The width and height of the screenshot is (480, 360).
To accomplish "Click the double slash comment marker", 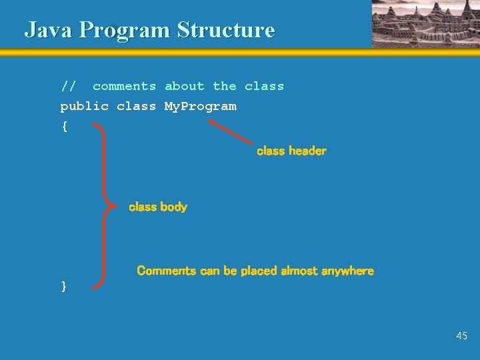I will click(68, 87).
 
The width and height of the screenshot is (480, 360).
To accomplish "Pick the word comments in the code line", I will click(124, 87).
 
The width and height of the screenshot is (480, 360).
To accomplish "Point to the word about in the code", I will click(184, 87).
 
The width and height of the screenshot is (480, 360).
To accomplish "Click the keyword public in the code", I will click(84, 107).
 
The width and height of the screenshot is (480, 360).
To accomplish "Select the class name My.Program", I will click(200, 107).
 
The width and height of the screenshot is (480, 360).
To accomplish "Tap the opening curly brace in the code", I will click(64, 127).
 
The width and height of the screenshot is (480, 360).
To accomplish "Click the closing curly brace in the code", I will click(64, 286).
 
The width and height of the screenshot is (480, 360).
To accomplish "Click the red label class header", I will click(291, 151).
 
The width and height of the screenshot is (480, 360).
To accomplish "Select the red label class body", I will click(158, 207).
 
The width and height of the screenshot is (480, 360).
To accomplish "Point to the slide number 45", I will click(462, 336).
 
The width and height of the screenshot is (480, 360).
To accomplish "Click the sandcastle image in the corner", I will click(425, 23).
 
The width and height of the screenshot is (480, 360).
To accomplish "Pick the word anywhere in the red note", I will click(347, 271).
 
